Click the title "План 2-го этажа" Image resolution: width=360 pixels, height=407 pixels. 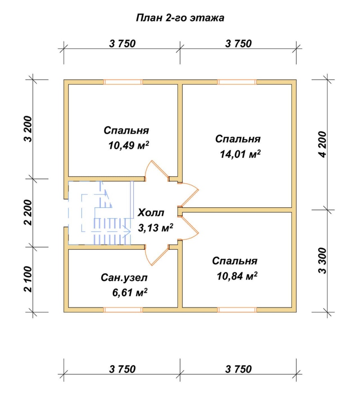(x=180, y=18)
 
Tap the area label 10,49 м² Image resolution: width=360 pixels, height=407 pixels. (x=129, y=145)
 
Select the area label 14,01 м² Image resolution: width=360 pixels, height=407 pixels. (x=240, y=154)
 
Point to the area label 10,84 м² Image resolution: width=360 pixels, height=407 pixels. (x=237, y=276)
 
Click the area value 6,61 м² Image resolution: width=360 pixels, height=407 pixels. (x=130, y=293)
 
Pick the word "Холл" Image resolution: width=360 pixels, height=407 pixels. (x=151, y=213)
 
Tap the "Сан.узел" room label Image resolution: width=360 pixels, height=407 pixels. (x=124, y=278)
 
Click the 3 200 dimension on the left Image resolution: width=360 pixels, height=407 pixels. (x=28, y=129)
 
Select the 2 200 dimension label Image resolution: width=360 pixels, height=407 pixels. (x=28, y=213)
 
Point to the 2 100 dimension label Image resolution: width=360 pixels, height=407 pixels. (x=28, y=279)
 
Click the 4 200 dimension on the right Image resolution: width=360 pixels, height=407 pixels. (x=323, y=144)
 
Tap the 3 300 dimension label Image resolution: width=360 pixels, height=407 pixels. (x=323, y=261)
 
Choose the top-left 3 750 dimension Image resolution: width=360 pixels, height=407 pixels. (x=122, y=44)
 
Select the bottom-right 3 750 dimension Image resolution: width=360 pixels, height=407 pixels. (x=238, y=369)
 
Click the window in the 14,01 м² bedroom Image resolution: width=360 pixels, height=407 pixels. (x=237, y=82)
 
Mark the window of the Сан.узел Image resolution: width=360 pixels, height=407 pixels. (x=123, y=310)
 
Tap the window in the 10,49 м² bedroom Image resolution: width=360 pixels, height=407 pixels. (x=123, y=82)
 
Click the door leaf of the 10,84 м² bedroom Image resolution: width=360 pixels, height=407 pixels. (x=190, y=225)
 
